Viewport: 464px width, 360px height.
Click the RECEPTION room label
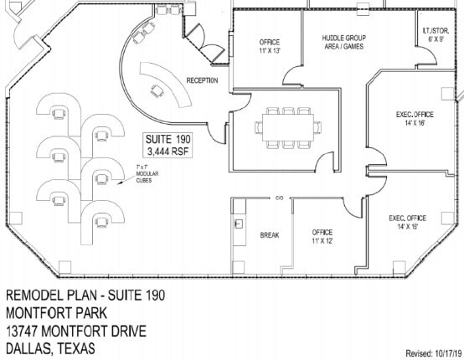click(202, 80)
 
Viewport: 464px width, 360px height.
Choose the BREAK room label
click(269, 235)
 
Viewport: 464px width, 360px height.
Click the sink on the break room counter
click(239, 224)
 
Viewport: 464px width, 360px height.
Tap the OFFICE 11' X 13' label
click(270, 46)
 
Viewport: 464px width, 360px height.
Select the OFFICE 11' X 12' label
click(322, 236)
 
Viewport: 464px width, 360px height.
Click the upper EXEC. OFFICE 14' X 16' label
click(412, 119)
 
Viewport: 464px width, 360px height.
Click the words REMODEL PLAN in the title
click(51, 296)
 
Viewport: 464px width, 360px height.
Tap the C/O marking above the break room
click(278, 198)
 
